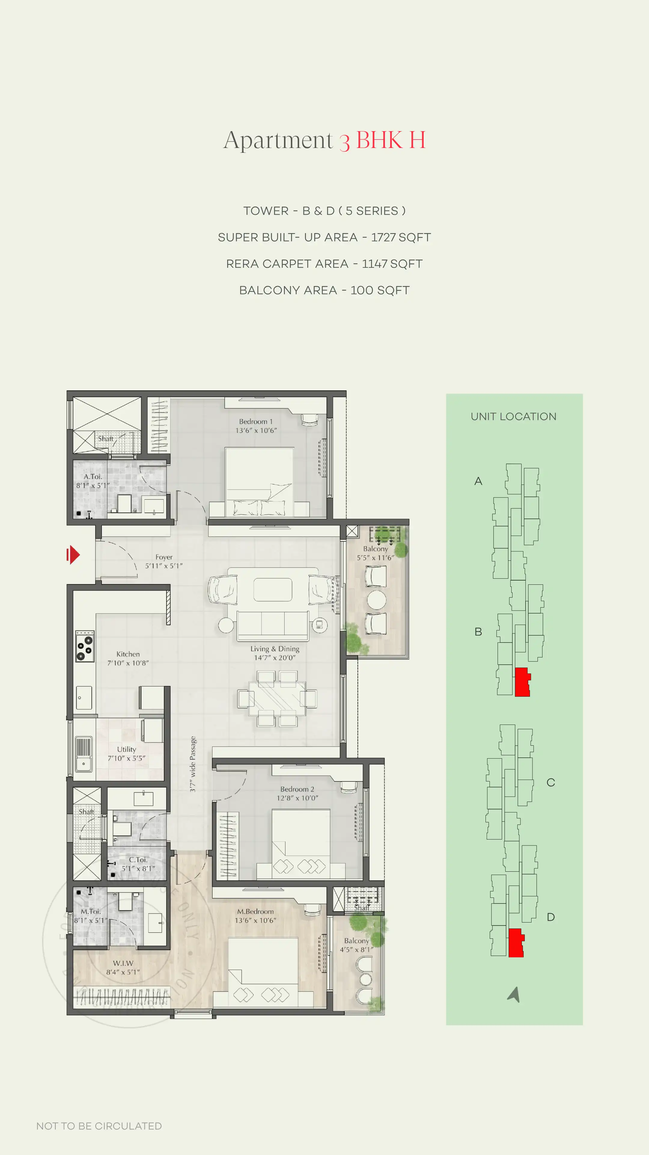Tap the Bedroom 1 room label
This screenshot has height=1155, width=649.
tap(256, 426)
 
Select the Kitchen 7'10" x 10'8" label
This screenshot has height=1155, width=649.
tap(128, 658)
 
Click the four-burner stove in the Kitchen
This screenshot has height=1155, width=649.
tap(85, 646)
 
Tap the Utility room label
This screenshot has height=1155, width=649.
tap(126, 753)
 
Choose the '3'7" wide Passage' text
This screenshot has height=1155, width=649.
tap(193, 764)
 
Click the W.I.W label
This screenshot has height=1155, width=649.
tap(123, 967)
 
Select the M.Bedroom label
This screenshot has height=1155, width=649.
tap(255, 916)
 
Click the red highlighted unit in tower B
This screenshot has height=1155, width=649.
tap(522, 682)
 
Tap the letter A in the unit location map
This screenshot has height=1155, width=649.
tap(478, 481)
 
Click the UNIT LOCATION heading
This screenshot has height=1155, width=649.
tap(513, 417)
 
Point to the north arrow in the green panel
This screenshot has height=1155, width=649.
tap(514, 994)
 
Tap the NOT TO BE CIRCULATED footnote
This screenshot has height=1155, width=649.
tap(99, 1126)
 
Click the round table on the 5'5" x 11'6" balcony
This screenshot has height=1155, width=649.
tap(376, 600)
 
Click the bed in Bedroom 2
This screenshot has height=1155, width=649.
tap(301, 843)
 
